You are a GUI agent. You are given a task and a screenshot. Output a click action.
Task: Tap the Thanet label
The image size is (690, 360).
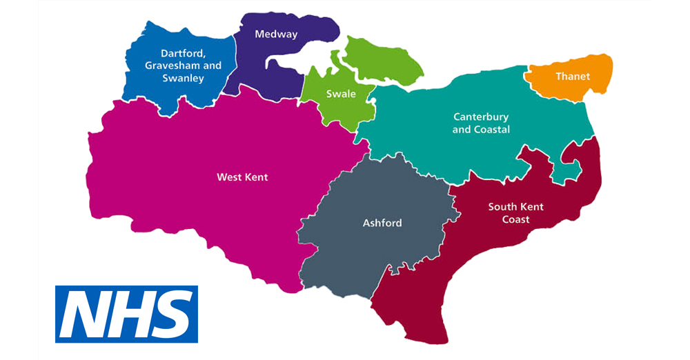(x=573, y=77)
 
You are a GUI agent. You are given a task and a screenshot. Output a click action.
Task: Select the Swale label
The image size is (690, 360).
(x=341, y=94)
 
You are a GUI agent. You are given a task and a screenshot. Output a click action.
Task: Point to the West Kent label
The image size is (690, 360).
(x=242, y=177)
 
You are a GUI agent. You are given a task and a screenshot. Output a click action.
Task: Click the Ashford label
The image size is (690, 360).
(x=382, y=223)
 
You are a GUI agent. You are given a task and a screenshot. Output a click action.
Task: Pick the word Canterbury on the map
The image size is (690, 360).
(x=481, y=117)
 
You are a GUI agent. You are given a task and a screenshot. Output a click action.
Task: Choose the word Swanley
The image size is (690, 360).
(x=183, y=78)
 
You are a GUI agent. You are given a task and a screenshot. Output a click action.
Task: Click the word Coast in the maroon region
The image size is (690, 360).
(x=516, y=219)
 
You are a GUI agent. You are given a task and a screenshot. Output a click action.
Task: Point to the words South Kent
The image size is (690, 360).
(x=516, y=206)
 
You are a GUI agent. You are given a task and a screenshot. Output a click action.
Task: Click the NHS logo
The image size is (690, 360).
(x=126, y=314)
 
